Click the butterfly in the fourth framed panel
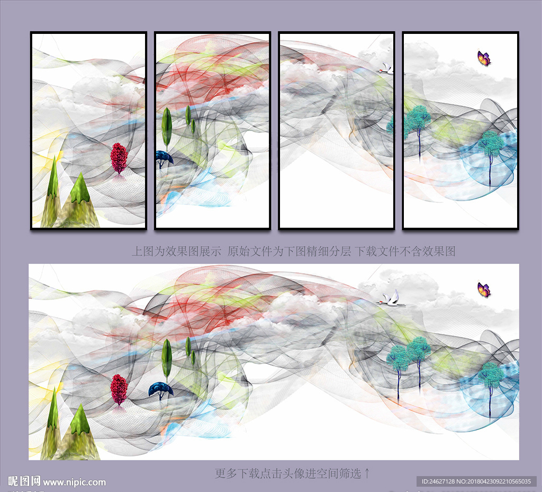click(484, 58)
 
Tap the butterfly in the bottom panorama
click(484, 290)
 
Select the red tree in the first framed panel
click(119, 158)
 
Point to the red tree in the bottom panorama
click(119, 390)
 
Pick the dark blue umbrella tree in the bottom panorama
click(161, 391)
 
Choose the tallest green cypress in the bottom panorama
click(167, 360)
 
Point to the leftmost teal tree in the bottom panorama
click(398, 370)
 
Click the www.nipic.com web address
click(74, 482)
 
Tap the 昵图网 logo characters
click(24, 481)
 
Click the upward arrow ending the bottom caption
click(367, 473)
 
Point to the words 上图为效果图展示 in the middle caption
click(176, 251)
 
